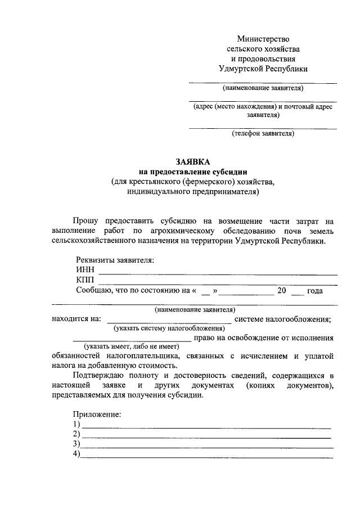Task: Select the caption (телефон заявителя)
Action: click(x=263, y=134)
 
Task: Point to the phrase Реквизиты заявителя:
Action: click(x=114, y=260)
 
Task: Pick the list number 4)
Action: click(x=77, y=454)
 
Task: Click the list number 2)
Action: click(x=77, y=434)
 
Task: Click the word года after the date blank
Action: click(x=314, y=291)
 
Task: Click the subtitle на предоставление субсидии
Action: click(x=193, y=171)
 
